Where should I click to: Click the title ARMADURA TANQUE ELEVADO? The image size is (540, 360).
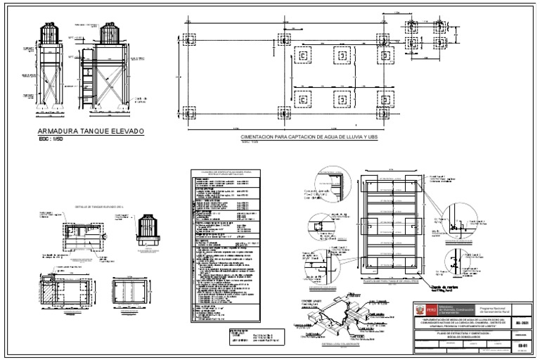(90, 131)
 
